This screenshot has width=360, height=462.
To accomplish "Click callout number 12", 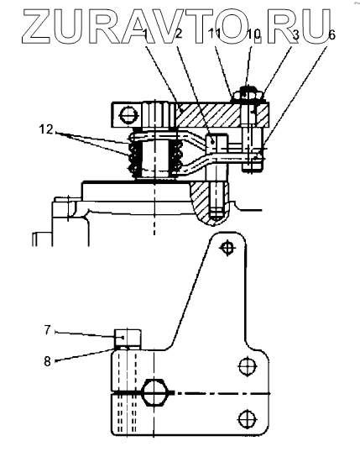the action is coord(45,129).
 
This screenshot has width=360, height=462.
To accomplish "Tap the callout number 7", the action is coord(48,330).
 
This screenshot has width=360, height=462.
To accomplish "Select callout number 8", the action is coord(47,361).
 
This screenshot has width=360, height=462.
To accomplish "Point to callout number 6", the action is coord(331,34).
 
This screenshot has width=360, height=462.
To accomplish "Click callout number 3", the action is coord(295,34).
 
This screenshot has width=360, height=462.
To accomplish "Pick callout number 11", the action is coord(214,34).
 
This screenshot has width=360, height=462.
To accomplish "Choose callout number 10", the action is coord(253,34).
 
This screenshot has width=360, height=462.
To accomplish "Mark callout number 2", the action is coord(179,34).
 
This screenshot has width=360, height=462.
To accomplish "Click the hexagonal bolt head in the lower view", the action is coord(155,393).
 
